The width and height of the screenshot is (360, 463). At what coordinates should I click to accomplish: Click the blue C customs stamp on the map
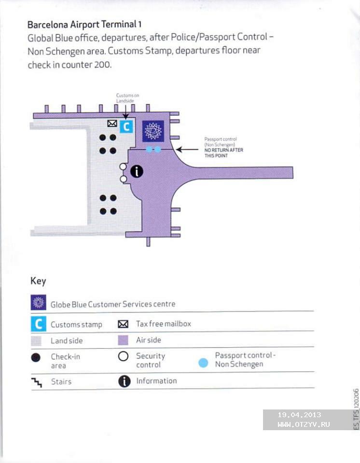tap(126, 127)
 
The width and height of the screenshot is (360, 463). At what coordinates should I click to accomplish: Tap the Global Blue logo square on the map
tap(153, 131)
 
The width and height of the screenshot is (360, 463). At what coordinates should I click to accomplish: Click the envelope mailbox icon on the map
tap(112, 123)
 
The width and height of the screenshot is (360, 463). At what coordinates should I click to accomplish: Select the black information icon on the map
tap(137, 171)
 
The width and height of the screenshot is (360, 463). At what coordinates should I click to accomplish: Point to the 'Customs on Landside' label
tap(127, 98)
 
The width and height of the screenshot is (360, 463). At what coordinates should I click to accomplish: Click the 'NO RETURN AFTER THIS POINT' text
tap(224, 153)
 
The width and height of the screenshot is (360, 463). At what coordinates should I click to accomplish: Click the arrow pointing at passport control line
tap(187, 150)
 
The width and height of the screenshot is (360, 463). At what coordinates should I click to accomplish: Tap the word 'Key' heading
tap(38, 281)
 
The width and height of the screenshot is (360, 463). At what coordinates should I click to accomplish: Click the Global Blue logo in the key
tap(39, 302)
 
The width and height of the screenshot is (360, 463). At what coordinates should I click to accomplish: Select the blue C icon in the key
tap(39, 324)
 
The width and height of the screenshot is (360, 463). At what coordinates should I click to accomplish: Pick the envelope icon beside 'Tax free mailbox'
tap(123, 324)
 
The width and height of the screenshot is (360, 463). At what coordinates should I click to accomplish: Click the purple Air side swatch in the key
tap(123, 340)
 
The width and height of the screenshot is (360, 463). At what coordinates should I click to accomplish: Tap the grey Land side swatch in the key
tap(36, 341)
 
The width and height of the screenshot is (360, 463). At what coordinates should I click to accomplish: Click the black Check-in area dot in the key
tap(36, 357)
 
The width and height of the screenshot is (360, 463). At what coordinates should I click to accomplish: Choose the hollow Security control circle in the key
tap(123, 356)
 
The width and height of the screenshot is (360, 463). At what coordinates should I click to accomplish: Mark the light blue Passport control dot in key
tap(203, 363)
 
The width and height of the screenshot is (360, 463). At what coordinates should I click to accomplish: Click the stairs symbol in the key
tap(37, 382)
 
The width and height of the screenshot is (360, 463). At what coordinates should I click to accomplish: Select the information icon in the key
tap(125, 381)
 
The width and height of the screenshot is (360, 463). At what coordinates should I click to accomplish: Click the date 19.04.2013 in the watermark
tap(299, 415)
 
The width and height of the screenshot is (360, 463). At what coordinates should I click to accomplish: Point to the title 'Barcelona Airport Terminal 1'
tap(84, 24)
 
